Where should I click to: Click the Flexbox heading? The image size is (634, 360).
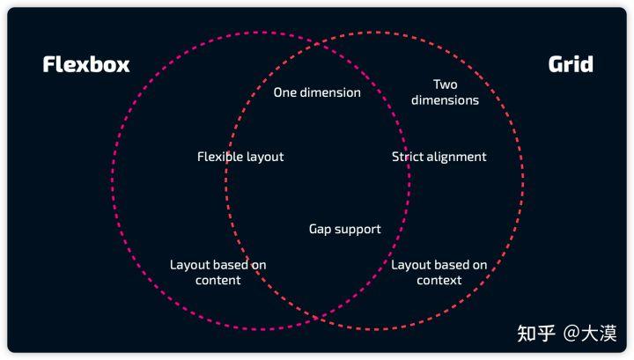click(86, 64)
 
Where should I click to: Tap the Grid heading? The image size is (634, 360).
click(571, 64)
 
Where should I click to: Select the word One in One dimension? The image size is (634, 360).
click(285, 92)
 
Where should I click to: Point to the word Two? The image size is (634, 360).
click(446, 84)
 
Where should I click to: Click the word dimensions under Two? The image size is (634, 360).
click(446, 100)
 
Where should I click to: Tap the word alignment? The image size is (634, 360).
click(456, 157)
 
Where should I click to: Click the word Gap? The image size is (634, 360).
click(321, 229)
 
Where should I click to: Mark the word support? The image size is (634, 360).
click(358, 229)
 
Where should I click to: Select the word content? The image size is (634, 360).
click(218, 280)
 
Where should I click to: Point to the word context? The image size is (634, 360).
click(439, 280)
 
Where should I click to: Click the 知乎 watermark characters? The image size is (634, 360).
click(536, 332)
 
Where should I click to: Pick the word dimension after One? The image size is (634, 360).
click(330, 92)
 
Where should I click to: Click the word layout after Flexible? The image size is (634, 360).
click(263, 157)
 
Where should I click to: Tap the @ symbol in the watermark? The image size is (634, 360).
click(571, 332)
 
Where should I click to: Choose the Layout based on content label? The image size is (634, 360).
click(218, 272)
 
